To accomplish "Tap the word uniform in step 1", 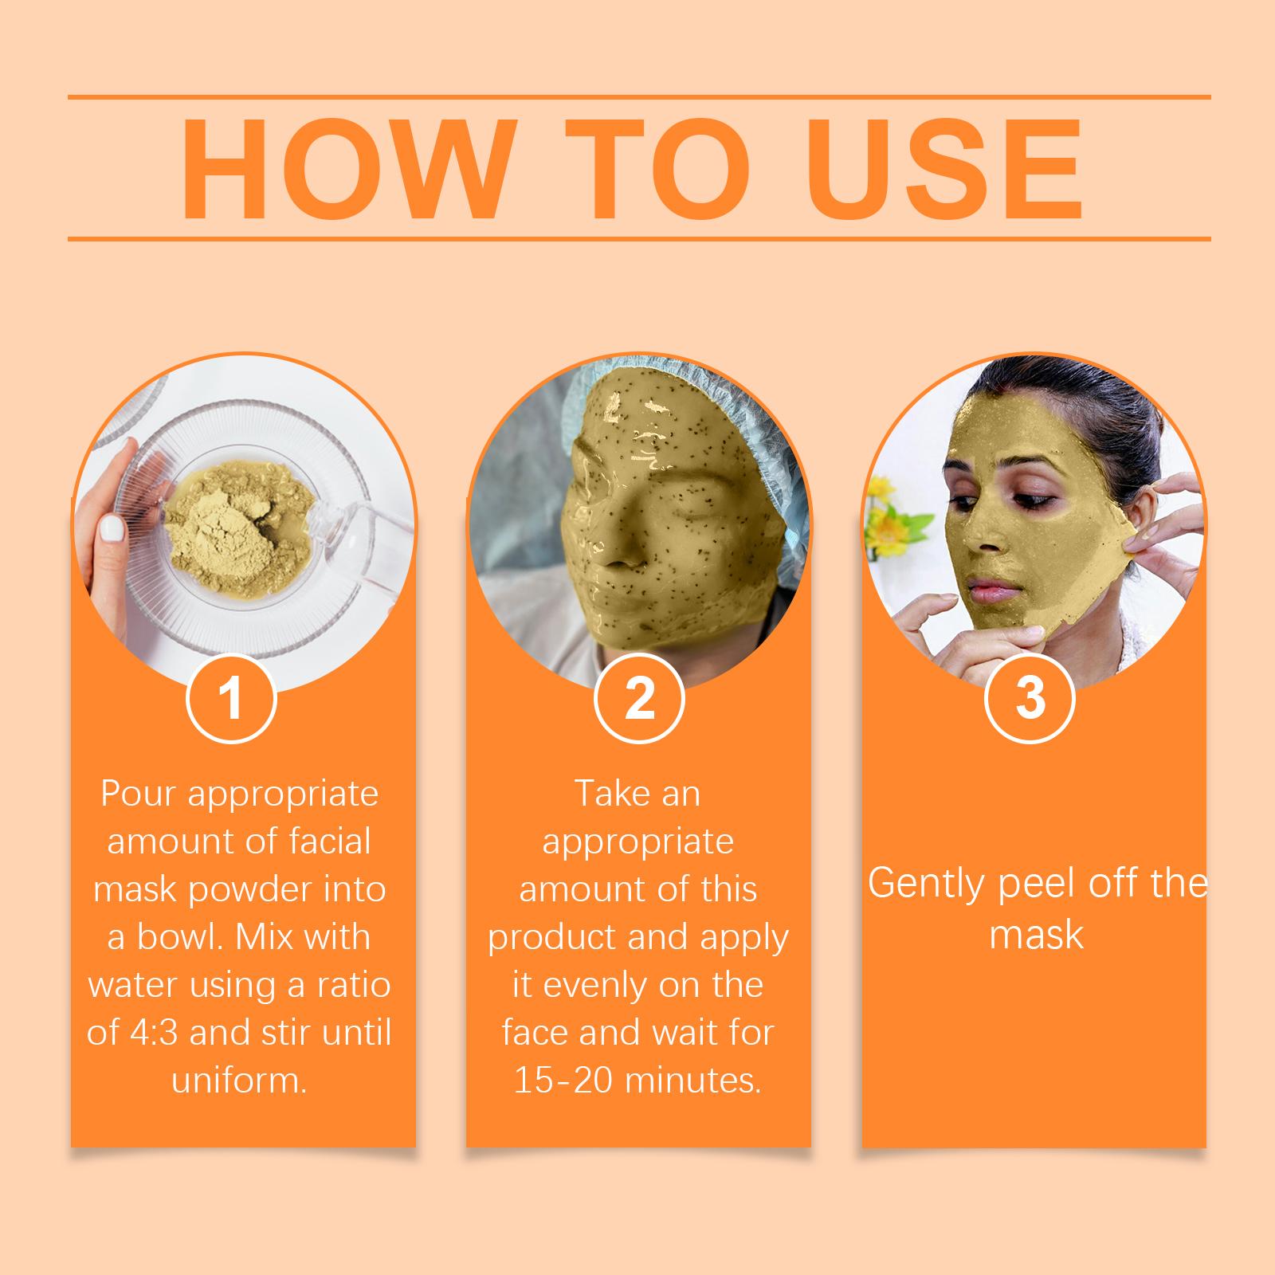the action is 239,1081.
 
